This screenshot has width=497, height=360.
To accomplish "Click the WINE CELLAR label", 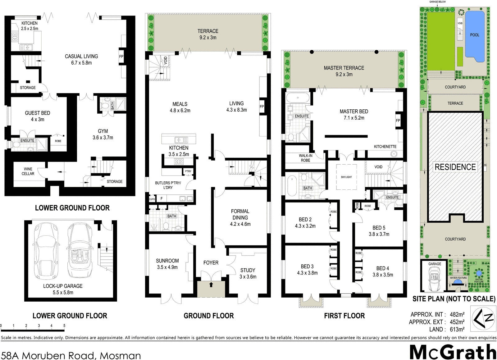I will point(28,171).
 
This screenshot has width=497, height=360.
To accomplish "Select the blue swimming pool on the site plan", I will point(475,36).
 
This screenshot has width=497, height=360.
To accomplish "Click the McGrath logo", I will point(453,352).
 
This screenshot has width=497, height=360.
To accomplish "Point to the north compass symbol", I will point(482,318).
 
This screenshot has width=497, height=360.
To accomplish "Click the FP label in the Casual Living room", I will point(121,57).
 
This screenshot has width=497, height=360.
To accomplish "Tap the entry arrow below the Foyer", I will point(211,284).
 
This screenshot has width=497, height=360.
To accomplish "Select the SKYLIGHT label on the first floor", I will point(346,177).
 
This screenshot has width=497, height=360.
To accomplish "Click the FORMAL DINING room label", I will point(240,217).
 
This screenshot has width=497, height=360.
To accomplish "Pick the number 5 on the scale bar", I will point(64,326).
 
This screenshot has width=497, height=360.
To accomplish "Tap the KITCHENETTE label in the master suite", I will point(385,147).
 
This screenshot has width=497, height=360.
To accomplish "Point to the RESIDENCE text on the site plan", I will point(455,167).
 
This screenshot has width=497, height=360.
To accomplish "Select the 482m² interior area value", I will point(457,315).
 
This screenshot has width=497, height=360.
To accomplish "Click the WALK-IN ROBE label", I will point(306,158).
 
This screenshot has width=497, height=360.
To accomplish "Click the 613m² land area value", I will point(457,330).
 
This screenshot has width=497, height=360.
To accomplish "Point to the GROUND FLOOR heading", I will point(209,316).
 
